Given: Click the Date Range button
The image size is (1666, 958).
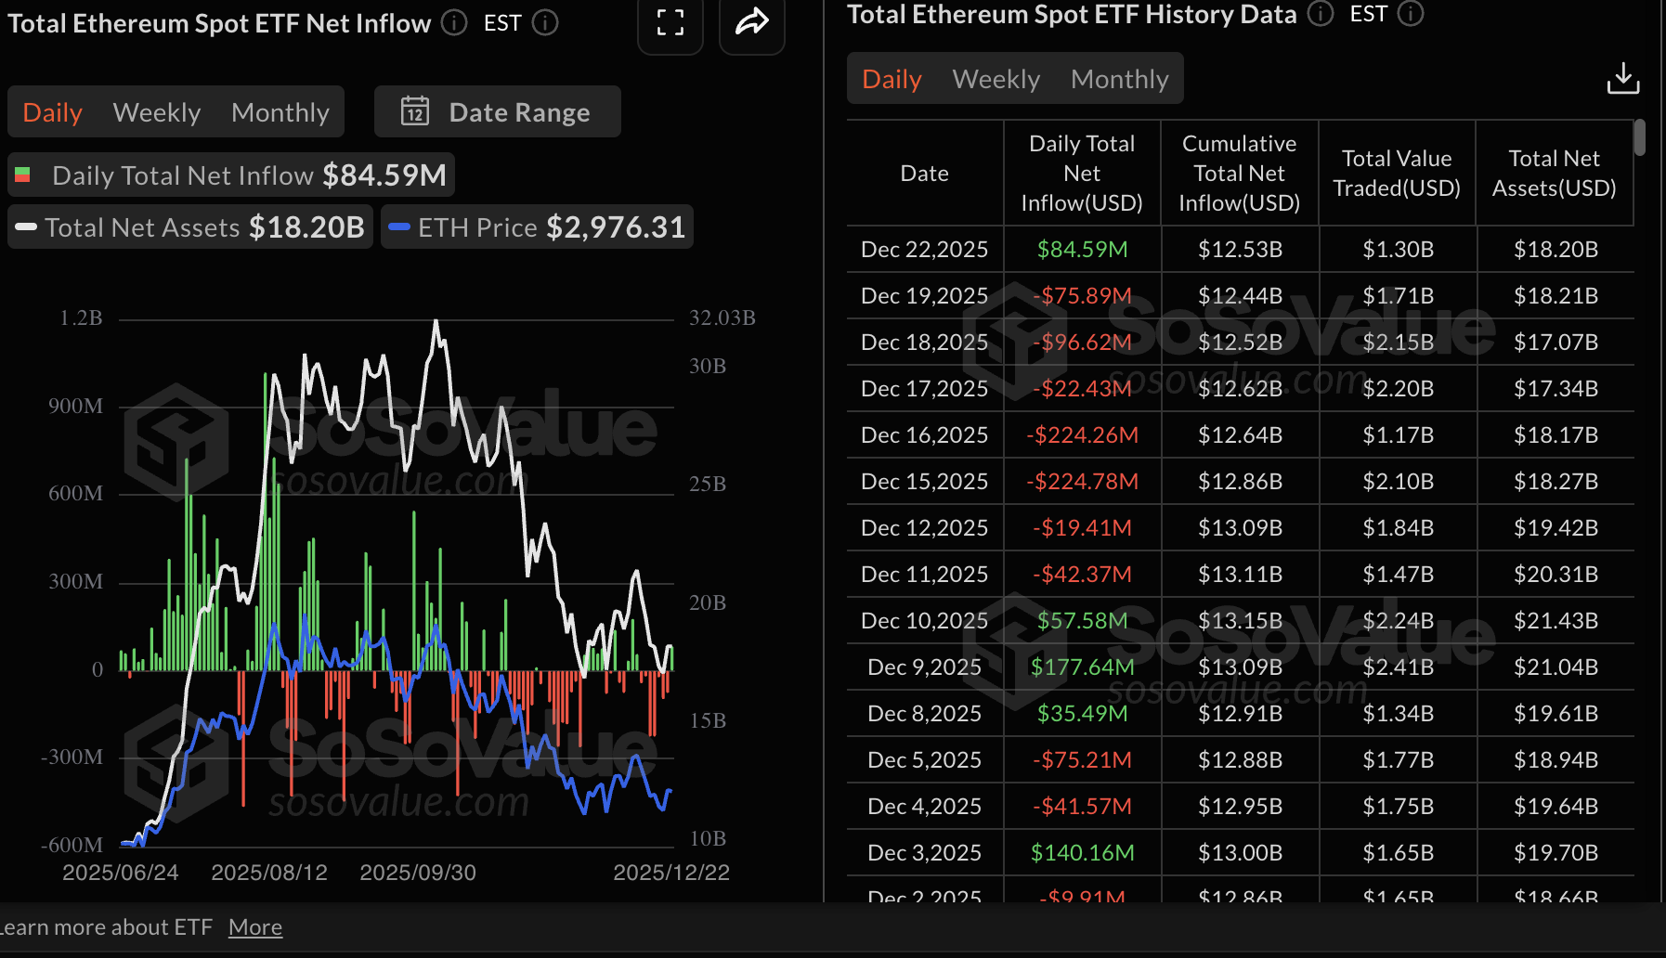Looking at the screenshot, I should (497, 112).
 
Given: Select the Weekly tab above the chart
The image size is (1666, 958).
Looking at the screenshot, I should (156, 112).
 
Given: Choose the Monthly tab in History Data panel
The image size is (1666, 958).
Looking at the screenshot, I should (1119, 79).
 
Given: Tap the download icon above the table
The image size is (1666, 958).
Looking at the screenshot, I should (1622, 79).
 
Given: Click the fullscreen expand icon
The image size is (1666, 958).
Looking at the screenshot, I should (670, 22).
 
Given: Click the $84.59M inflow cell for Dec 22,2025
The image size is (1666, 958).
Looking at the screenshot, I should (1082, 249).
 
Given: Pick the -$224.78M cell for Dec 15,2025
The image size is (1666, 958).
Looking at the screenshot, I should (1082, 481).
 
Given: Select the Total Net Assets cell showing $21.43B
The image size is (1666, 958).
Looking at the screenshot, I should (1555, 620).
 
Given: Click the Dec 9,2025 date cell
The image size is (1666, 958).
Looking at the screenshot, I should (924, 667).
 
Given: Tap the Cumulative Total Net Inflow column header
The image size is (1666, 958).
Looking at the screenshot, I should (1239, 173).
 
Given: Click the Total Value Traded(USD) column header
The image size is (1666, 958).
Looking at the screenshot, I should (1397, 173).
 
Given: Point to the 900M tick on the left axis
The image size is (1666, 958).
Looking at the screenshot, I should (75, 406).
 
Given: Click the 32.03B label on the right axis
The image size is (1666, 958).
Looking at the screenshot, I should (722, 317).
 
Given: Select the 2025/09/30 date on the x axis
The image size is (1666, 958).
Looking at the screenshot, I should (418, 873).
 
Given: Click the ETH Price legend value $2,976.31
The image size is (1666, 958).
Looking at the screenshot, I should (615, 227).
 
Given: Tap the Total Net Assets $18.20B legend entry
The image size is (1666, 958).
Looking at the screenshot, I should (190, 227).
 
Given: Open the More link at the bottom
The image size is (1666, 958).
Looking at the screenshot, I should (255, 927).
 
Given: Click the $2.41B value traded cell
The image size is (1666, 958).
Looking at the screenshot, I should (1398, 667).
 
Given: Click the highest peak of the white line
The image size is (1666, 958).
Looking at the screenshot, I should (436, 322).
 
